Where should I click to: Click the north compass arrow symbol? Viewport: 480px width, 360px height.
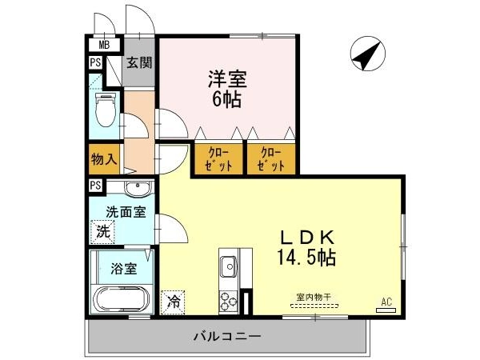tap(368, 54)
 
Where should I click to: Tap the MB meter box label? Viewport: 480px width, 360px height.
tap(104, 46)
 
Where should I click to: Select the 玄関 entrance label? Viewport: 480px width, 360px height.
tap(139, 63)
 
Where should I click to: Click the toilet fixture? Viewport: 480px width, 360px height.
tap(106, 110)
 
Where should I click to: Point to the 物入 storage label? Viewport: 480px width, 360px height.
tap(104, 159)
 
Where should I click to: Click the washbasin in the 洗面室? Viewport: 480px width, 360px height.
tap(138, 188)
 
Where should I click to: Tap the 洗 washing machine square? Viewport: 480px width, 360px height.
tap(102, 232)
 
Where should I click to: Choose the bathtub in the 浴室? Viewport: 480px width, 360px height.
tap(122, 299)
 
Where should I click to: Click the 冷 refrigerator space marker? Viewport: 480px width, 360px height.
tap(173, 302)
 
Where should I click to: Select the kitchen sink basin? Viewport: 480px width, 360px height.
tap(229, 266)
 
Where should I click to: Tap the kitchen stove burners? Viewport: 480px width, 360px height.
tap(229, 301)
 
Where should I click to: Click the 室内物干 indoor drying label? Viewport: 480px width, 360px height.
tap(314, 297)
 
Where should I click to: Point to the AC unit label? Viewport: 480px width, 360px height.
tap(386, 302)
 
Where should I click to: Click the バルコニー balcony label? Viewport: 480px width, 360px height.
tap(227, 337)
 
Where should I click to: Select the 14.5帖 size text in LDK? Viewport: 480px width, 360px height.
tap(306, 258)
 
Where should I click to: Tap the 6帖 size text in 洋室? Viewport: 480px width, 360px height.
tap(227, 99)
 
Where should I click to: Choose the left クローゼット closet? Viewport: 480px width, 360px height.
tap(218, 158)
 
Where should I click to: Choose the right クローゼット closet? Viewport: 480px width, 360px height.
tap(271, 158)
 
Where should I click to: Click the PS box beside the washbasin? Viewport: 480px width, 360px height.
tap(96, 186)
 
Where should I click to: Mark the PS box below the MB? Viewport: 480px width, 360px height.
tap(95, 62)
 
